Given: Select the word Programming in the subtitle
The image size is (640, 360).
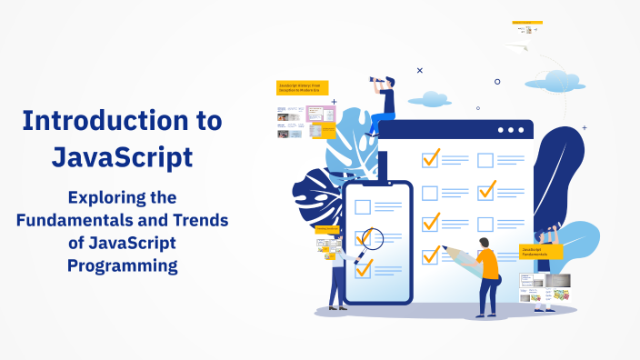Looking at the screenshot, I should click(122, 265).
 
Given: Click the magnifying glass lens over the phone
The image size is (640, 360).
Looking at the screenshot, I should click(372, 238).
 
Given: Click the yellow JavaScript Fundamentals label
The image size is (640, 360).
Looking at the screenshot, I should click(541, 251).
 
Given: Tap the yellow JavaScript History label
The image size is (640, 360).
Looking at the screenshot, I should click(302, 87).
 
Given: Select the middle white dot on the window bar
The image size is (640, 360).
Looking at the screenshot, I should click(511, 130).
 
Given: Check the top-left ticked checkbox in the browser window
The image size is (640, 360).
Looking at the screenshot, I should click(431, 159).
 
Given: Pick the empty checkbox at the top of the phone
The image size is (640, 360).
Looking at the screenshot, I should click(363, 206).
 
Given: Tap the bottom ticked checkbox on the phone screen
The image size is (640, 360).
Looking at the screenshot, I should click(364, 268).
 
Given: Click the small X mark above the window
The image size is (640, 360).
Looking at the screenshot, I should click(419, 70).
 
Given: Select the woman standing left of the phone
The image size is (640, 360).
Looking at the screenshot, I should click(337, 273).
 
